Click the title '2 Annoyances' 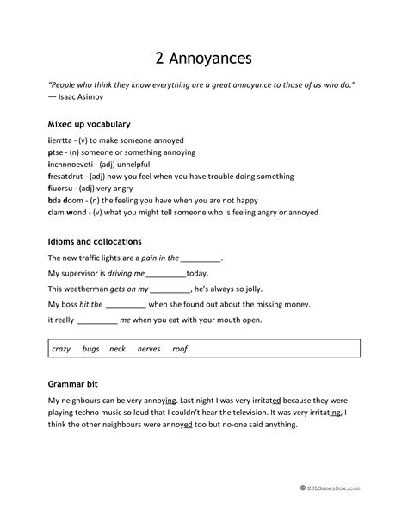[204, 57]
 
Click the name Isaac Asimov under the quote [78, 100]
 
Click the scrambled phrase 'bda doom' [65, 200]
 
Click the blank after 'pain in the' [201, 258]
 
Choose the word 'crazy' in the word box [61, 349]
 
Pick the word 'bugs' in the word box [90, 349]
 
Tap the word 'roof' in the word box [180, 349]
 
